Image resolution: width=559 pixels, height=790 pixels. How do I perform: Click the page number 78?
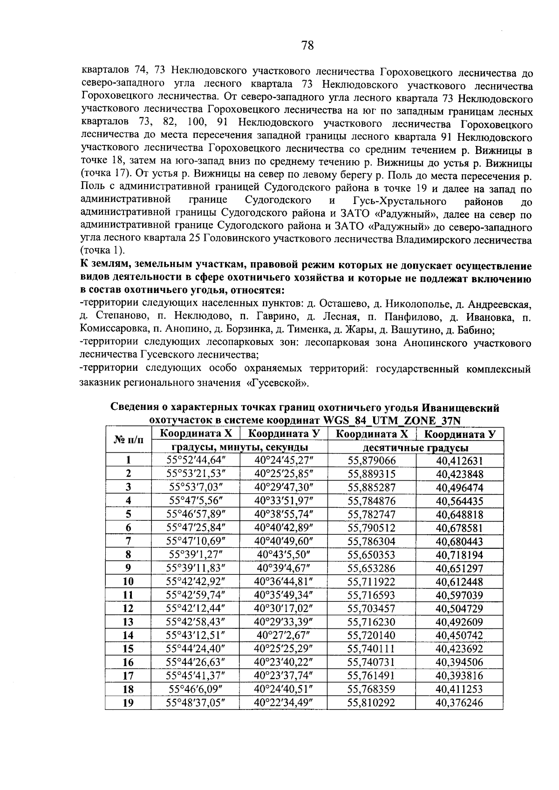pos(307,45)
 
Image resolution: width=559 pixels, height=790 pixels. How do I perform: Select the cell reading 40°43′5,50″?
pos(283,555)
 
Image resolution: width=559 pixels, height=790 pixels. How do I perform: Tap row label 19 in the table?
pos(128,703)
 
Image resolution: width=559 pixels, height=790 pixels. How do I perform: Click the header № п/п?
pos(128,440)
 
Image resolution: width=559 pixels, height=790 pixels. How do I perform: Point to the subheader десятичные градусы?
pos(415,448)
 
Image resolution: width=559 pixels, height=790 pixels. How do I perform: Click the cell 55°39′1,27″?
pos(196,555)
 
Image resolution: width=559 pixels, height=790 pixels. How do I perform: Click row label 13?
pos(128,622)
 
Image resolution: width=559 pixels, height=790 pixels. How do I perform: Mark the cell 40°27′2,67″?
pos(283,635)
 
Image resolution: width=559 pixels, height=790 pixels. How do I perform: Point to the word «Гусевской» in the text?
pos(279,384)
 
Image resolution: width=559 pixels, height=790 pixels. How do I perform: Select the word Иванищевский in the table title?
pos(450,408)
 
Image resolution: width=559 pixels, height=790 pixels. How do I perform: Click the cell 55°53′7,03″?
pos(196,488)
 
